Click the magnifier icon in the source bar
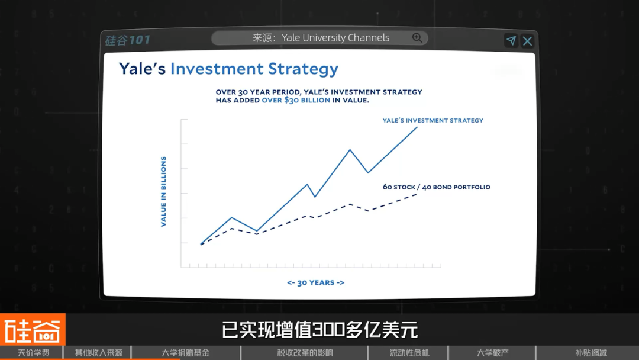(x=417, y=38)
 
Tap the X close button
(x=527, y=41)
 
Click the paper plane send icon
(x=511, y=40)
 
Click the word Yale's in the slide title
(x=142, y=69)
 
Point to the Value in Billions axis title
(x=163, y=192)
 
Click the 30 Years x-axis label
(x=316, y=282)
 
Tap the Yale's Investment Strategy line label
(x=433, y=120)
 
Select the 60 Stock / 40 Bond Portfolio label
(x=437, y=187)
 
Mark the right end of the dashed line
(x=417, y=194)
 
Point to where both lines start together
(x=201, y=244)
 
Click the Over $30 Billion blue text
(x=296, y=100)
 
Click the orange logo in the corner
(x=33, y=329)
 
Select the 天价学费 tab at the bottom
(x=33, y=353)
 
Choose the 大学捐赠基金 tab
(x=185, y=353)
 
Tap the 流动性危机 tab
(x=409, y=353)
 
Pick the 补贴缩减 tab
(x=591, y=353)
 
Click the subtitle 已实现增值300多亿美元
(x=320, y=330)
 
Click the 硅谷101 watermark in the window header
(x=128, y=40)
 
